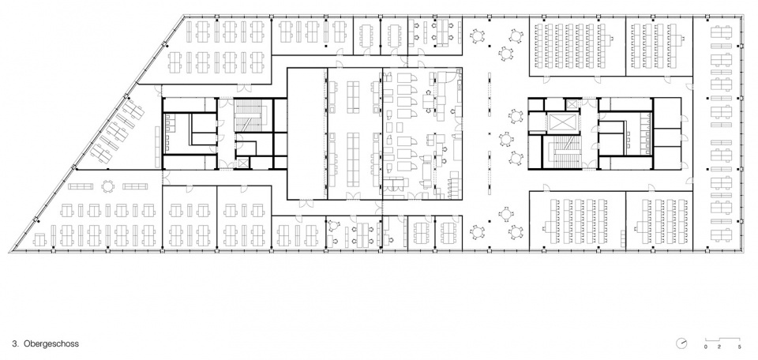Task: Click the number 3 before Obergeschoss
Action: point(16,343)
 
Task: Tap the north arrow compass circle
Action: point(681,343)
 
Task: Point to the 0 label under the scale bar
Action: point(705,347)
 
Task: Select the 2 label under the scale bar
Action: point(719,347)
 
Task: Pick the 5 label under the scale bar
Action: point(740,347)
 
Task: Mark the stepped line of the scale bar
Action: point(722,339)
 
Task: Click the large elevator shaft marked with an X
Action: point(560,122)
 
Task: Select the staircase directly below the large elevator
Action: point(564,152)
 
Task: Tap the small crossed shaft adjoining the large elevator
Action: point(572,104)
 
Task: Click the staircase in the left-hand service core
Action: point(249,117)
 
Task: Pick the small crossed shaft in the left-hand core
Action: point(242,163)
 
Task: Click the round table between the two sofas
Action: point(107,186)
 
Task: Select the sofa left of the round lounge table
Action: point(81,186)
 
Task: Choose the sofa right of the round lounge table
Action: point(135,186)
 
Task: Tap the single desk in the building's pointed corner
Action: point(40,240)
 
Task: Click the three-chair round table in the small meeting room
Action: point(334,225)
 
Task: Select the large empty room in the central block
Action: point(307,133)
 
